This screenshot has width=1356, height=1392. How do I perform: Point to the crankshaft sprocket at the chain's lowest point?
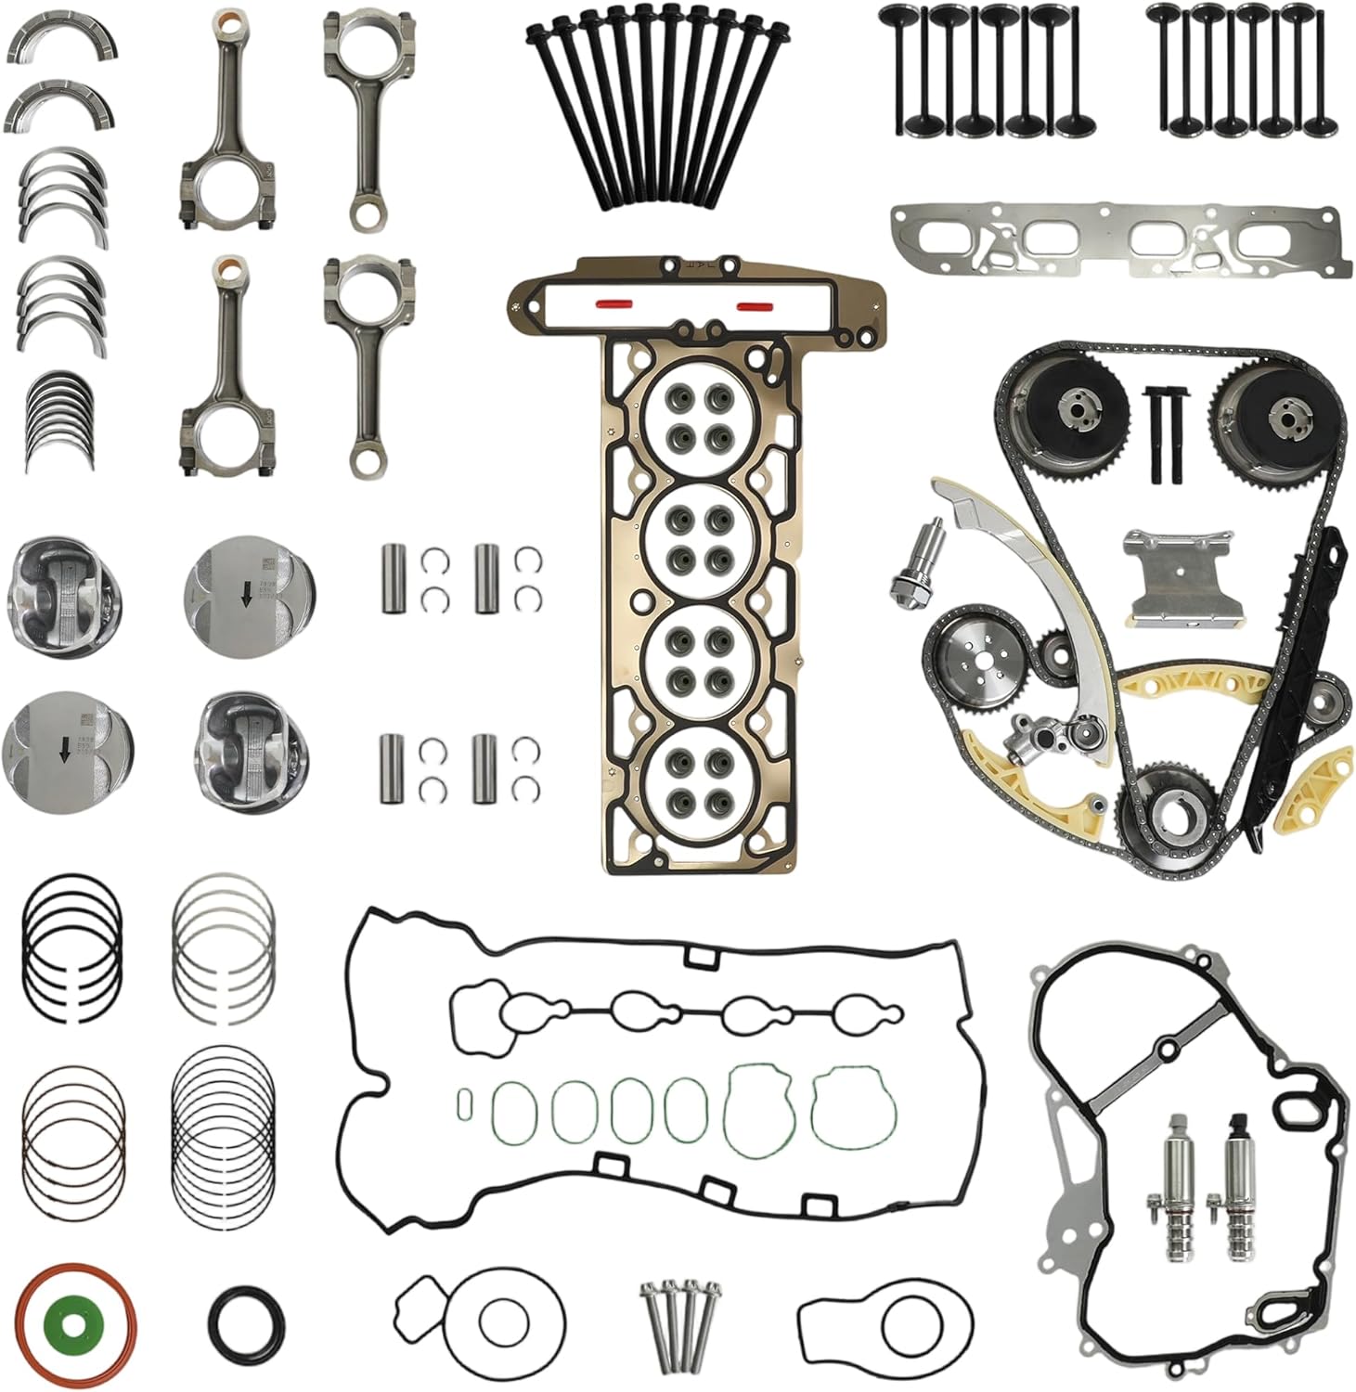point(1167,810)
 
